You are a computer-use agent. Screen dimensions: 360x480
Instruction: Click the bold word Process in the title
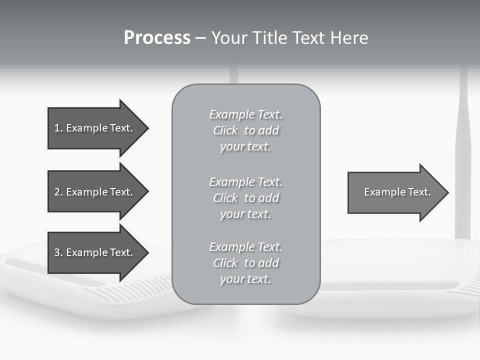[x=157, y=38]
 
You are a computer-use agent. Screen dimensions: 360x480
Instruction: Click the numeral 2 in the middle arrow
[x=57, y=192]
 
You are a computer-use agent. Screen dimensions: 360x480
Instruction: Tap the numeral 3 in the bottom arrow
[x=57, y=252]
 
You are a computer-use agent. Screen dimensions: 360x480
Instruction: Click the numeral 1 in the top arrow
[x=57, y=128]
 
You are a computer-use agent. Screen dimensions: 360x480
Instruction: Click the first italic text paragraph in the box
[x=245, y=130]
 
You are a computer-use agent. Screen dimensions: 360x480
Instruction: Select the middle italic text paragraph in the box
[x=245, y=198]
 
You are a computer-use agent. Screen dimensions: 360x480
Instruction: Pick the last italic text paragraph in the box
[x=245, y=263]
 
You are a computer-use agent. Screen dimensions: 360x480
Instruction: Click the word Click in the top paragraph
[x=225, y=131]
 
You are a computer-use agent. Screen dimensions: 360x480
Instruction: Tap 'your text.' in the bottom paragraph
[x=245, y=279]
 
